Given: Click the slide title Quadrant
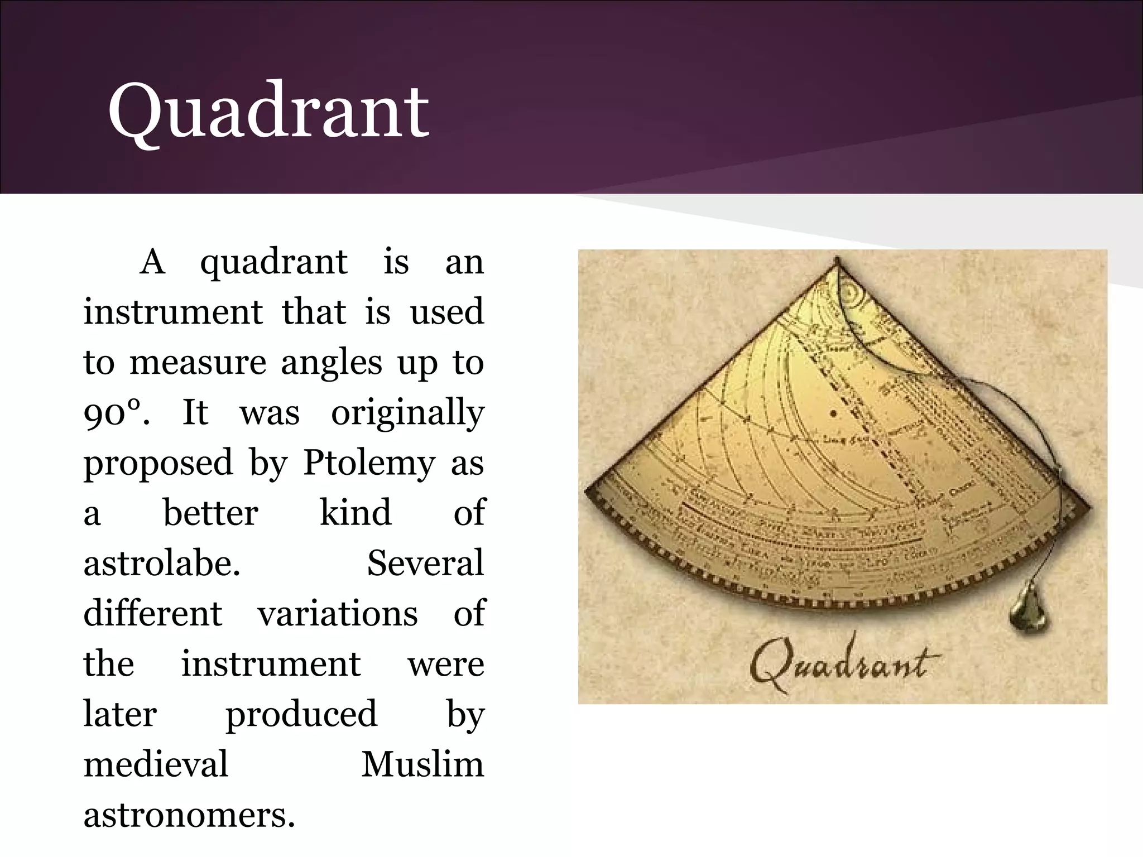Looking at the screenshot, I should point(268,112).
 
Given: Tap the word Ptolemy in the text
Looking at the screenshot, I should point(369,463).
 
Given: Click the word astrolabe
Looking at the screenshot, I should point(162,564).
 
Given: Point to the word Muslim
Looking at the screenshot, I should point(422,764).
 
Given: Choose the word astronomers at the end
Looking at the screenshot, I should point(189,815).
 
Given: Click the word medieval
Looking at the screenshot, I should point(156,764).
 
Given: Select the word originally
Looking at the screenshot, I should point(407,413).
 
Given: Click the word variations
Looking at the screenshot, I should point(337,614).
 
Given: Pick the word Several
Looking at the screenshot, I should point(425,564).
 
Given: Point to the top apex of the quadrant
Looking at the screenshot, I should point(837,260).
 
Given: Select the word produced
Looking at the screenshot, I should point(301,714).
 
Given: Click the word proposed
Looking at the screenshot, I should point(158,463).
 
